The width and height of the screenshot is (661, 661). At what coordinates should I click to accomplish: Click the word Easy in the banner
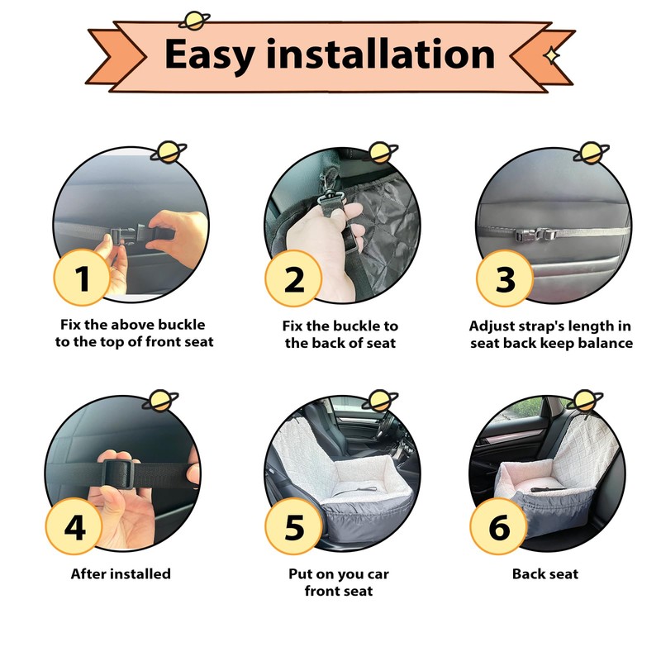209,55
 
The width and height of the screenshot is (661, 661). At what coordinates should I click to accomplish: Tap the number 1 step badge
82,277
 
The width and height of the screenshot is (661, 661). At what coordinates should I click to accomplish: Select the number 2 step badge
293,278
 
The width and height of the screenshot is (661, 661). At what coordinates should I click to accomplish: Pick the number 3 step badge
505,278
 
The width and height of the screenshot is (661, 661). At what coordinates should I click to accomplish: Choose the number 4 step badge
74,526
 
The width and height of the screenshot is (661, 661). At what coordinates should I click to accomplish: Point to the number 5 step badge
293,526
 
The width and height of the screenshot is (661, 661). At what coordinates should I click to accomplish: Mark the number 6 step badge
499,526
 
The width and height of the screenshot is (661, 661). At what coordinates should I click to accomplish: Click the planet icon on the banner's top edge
194,21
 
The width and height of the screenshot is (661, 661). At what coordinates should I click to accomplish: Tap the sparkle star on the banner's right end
551,55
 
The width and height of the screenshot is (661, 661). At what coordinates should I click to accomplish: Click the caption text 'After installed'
121,573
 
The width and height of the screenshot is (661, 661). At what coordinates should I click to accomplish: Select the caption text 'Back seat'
545,573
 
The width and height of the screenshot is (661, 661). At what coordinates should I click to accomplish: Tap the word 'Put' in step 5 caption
299,573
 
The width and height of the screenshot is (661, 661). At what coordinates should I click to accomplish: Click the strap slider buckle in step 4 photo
117,473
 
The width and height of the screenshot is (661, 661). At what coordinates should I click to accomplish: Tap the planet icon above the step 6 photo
585,400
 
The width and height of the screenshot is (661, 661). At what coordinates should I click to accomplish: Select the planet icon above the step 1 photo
169,152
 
